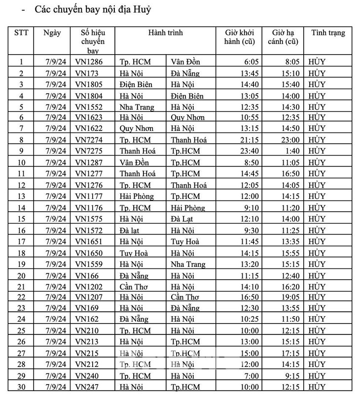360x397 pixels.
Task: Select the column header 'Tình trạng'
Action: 328,33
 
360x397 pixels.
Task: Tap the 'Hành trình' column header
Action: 165,33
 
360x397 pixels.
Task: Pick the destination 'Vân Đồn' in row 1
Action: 186,62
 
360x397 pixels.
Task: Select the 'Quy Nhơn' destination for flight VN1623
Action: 187,117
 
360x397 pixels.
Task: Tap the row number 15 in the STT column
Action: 21,218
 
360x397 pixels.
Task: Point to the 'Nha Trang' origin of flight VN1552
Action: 137,106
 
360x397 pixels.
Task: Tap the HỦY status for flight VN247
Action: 317,387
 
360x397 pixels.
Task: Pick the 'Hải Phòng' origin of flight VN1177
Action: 137,196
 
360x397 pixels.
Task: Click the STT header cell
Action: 21,33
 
